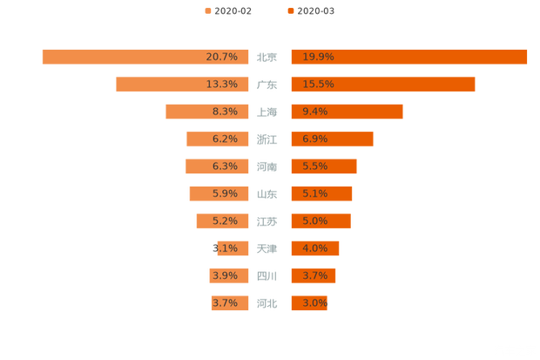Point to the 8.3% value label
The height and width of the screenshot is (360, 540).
[225, 112]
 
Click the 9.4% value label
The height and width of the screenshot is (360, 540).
[315, 112]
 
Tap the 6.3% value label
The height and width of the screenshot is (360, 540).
[225, 166]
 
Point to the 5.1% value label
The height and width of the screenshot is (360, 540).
[315, 194]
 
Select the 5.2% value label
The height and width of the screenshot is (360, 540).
[225, 221]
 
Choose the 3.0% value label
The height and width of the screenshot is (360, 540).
[315, 303]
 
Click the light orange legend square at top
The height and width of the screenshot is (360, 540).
[207, 11]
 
